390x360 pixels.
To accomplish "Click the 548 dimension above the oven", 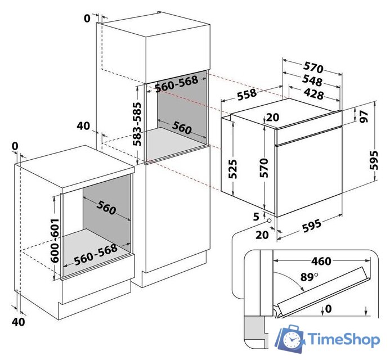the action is point(312,80).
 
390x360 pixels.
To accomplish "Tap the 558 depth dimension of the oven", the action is point(246,94).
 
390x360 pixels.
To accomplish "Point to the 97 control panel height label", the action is point(364,116).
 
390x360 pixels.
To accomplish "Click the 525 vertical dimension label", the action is point(232,169).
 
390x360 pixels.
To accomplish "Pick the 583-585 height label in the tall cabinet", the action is point(137,124).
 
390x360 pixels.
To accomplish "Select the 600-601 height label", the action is point(55,240).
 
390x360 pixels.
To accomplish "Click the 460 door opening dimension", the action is point(321,261).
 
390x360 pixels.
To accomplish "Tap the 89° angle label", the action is point(309,277).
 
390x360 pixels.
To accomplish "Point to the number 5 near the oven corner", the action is point(256,217).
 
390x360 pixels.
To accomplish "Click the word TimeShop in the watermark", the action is point(344,339).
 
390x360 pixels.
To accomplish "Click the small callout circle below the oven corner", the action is point(269,220).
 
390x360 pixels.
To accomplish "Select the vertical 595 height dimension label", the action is point(373,160).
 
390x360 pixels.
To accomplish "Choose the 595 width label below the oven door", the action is point(312,226).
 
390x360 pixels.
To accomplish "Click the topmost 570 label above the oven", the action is point(313,67).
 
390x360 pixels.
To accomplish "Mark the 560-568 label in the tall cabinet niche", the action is point(177,84).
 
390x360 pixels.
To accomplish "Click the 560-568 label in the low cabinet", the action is point(96,255).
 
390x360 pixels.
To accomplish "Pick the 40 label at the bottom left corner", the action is point(19,322).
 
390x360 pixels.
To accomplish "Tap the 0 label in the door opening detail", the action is point(328,309).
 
